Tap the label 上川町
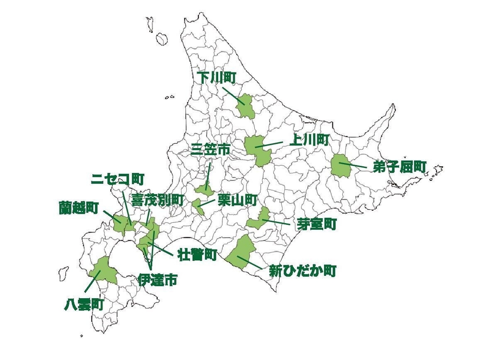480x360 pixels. [x=309, y=140]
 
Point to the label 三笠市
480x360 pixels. [x=210, y=150]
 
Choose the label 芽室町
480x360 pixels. [x=316, y=224]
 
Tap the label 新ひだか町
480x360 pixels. [x=302, y=271]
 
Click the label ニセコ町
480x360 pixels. [x=117, y=179]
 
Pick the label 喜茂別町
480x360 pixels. [x=157, y=200]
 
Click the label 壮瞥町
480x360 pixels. [x=197, y=255]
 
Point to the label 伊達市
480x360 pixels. [x=157, y=280]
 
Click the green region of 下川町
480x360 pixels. [x=246, y=106]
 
